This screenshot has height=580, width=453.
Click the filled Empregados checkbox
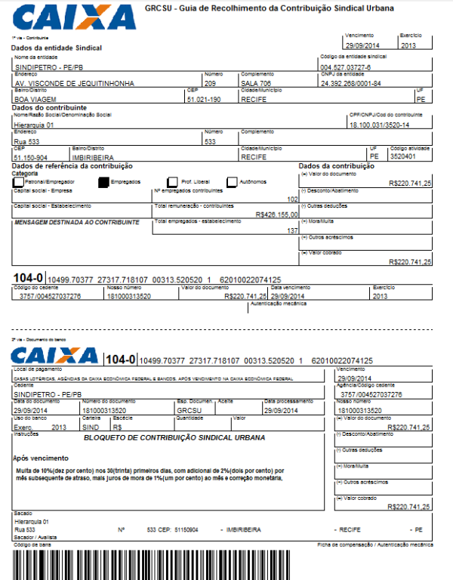103,182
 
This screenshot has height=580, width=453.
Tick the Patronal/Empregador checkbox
18,182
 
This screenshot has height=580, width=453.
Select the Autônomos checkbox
233,182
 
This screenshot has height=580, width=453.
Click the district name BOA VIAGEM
35,99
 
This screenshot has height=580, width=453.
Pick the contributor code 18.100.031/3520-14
378,124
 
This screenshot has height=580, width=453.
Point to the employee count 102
293,199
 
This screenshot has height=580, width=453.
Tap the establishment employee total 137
293,230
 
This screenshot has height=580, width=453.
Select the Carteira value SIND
90,427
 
